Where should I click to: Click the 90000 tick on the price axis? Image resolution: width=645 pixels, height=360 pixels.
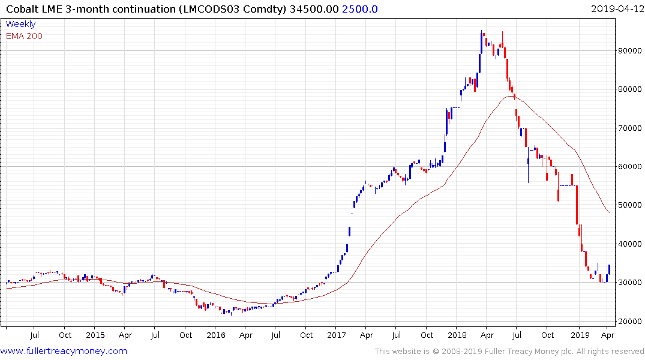(630, 51)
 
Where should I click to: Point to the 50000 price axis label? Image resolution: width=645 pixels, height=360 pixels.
(630, 205)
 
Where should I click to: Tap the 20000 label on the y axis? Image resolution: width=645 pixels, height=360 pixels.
(630, 322)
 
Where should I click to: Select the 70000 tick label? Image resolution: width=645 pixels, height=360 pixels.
(630, 128)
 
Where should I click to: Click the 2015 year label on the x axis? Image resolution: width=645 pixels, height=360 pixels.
(95, 335)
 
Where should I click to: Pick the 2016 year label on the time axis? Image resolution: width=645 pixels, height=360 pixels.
(215, 335)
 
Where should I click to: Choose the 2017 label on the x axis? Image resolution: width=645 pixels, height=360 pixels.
(337, 335)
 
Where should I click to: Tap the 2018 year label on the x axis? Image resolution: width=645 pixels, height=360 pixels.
(458, 335)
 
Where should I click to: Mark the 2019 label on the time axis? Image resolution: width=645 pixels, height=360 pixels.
(580, 335)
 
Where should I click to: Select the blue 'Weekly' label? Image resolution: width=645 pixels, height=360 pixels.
(20, 24)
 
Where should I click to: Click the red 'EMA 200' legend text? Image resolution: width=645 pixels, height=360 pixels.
(24, 36)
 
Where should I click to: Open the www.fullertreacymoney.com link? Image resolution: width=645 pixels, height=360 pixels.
(64, 351)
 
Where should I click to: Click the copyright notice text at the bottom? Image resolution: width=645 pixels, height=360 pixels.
(509, 352)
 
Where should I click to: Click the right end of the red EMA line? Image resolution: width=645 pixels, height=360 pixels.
(609, 212)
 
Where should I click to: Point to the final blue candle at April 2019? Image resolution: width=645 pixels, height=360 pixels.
(609, 269)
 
